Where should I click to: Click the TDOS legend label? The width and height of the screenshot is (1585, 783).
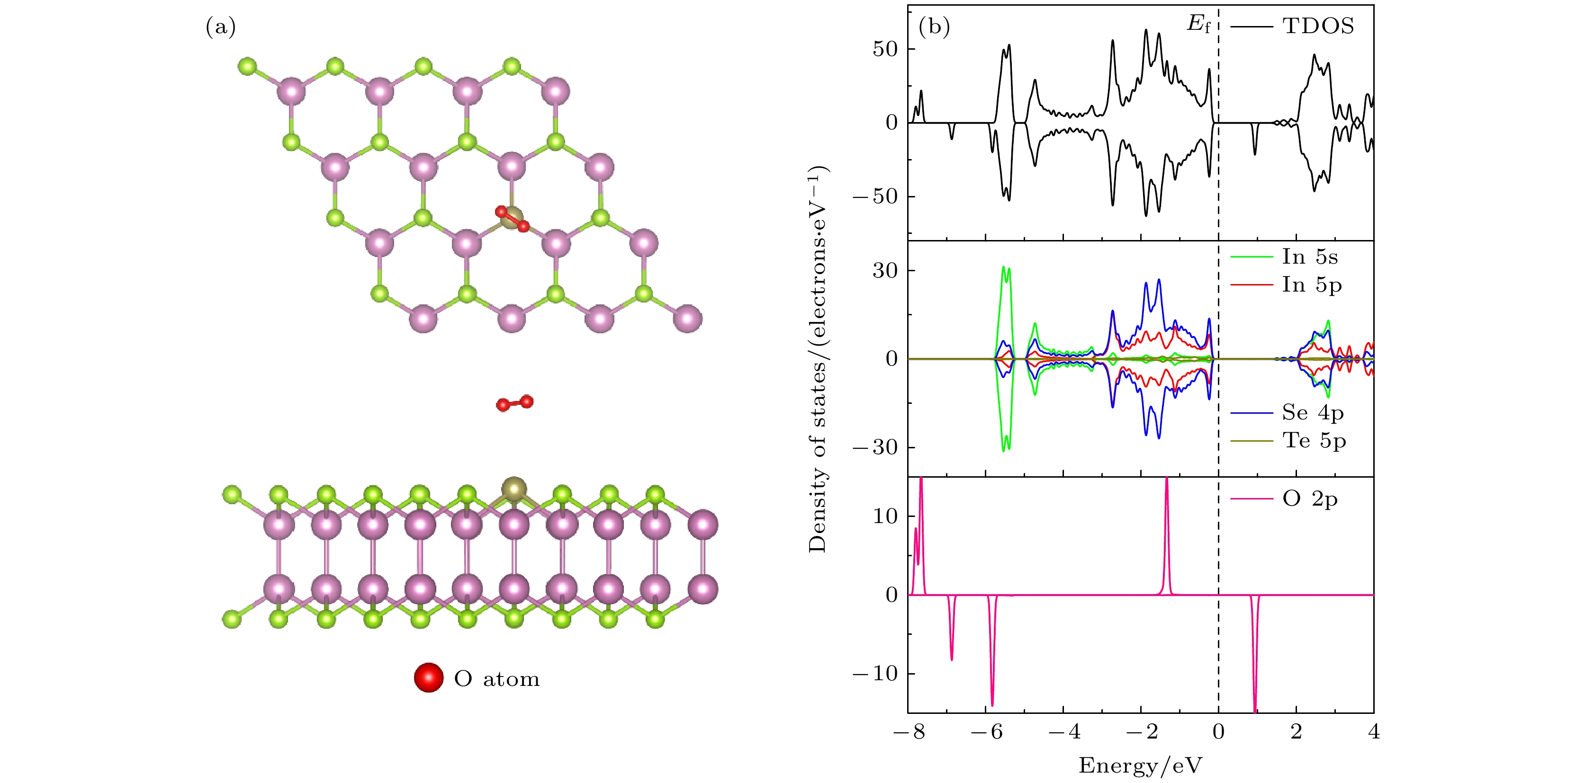(x=1318, y=27)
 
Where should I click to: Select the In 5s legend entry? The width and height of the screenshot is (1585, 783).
(x=1309, y=257)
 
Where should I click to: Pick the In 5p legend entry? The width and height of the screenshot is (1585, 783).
(x=1311, y=285)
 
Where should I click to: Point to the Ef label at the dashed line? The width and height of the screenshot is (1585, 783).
(x=1198, y=25)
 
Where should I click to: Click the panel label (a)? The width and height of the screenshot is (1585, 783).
(x=220, y=27)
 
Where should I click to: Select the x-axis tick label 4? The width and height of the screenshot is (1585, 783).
(x=1373, y=732)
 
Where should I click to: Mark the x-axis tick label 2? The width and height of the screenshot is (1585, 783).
(x=1296, y=732)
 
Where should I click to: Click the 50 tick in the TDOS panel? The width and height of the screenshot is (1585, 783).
(x=885, y=49)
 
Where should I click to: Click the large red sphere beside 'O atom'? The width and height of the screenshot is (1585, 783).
(x=428, y=678)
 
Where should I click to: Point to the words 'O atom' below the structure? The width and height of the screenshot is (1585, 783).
(x=496, y=679)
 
